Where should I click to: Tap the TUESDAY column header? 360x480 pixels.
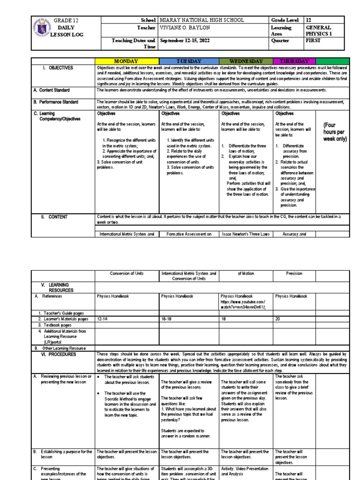point(188,61)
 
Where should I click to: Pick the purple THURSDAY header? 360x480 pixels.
point(294,61)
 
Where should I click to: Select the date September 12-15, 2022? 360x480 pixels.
point(185,41)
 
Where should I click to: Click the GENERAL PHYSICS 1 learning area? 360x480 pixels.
point(321,31)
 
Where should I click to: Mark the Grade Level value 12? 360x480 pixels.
point(308,21)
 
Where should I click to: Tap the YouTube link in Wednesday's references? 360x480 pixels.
point(243,305)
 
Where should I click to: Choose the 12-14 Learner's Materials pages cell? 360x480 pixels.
point(103,318)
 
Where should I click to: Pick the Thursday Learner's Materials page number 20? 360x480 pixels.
point(278,318)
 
